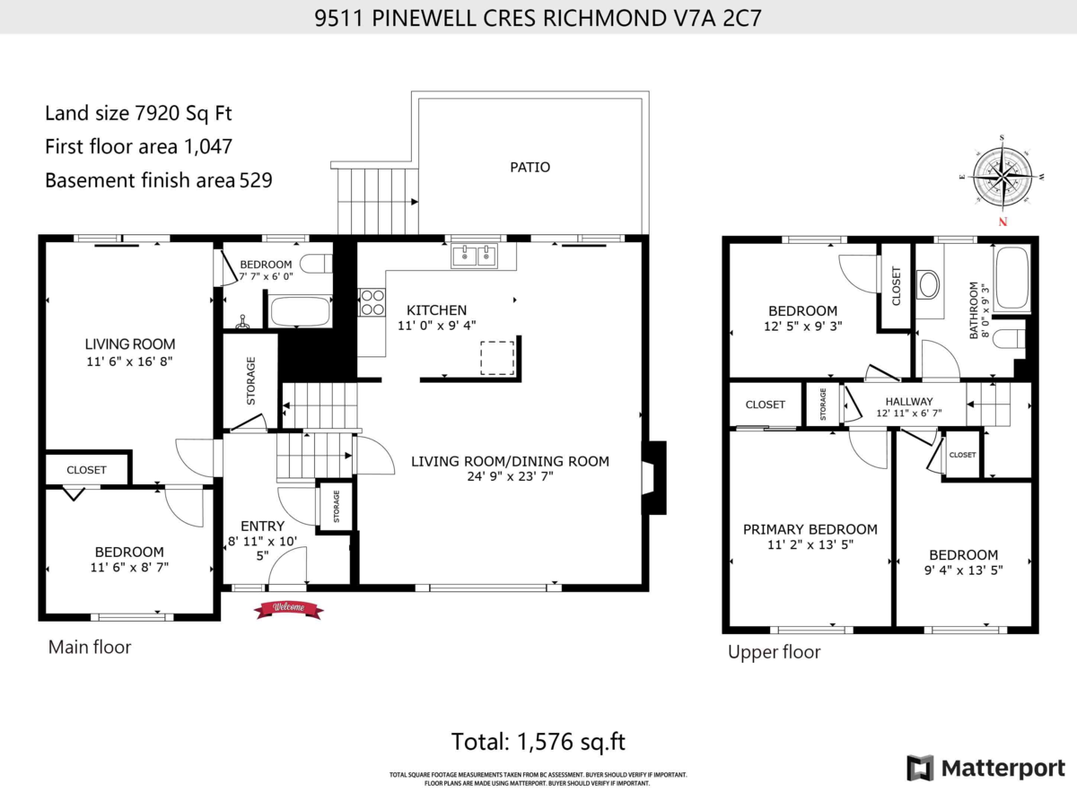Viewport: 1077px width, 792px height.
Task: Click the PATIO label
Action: pos(530,167)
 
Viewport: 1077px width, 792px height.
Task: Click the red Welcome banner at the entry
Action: pos(288,608)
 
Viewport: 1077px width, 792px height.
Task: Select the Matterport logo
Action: pos(985,768)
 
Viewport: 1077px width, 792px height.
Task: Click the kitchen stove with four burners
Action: pos(372,302)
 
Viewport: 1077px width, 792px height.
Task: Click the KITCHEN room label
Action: pos(436,310)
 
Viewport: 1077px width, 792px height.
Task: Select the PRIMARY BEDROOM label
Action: pos(810,529)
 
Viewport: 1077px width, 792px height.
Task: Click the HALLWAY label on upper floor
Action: pos(908,401)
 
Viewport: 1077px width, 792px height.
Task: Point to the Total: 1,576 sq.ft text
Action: pos(538,742)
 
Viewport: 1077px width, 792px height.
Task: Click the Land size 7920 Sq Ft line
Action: pos(144,113)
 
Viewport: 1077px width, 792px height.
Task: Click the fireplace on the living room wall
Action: pos(656,477)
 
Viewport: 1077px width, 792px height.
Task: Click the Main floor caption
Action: pos(89,647)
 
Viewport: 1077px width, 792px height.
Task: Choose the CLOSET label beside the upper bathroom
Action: pos(896,285)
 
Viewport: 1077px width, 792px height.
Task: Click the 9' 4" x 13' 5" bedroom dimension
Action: pos(963,570)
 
